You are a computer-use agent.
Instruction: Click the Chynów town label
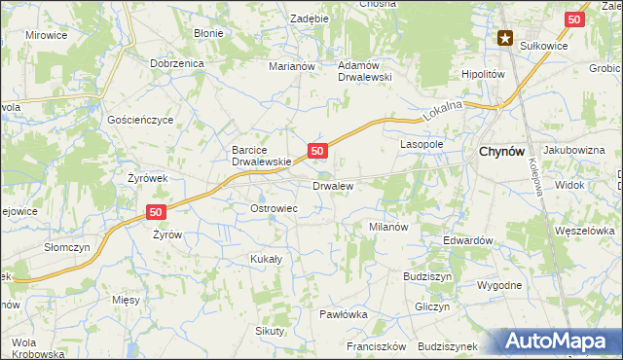point(503,152)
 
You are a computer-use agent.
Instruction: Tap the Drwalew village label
point(332,185)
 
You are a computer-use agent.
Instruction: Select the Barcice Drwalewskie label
point(262,156)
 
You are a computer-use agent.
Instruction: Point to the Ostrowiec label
point(274,209)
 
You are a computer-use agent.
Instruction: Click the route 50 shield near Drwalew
point(317,150)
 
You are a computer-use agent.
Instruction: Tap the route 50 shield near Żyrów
point(156,211)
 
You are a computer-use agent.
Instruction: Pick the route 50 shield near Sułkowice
point(575,18)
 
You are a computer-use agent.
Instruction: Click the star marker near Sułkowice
point(505,39)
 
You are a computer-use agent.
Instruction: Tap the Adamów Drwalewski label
point(363,71)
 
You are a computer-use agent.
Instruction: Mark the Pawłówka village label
point(343,314)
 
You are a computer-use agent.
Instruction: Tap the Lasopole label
point(422,143)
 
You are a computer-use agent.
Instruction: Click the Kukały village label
point(266,259)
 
